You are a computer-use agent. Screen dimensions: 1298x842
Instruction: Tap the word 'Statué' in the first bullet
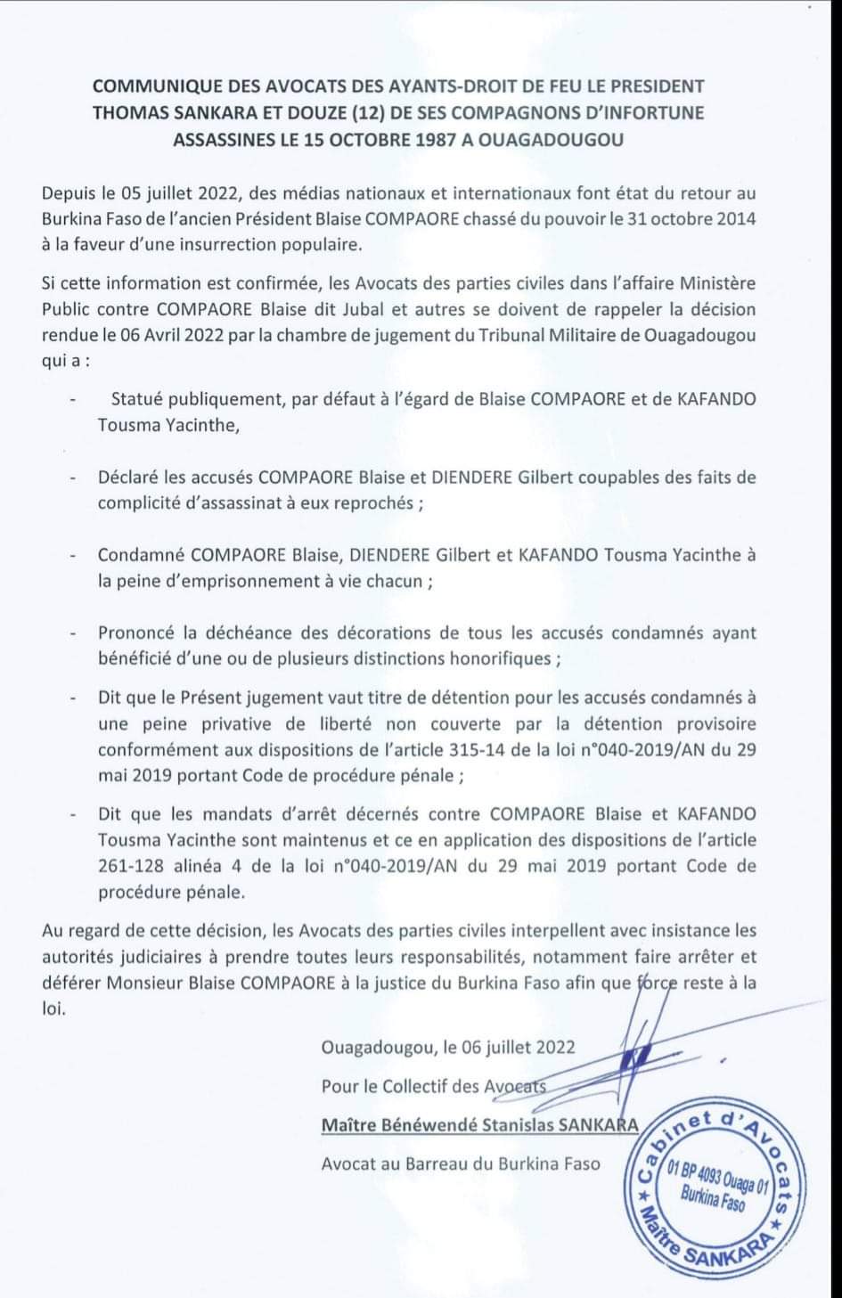(138, 398)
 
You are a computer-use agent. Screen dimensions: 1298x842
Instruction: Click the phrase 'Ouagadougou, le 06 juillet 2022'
(448, 1047)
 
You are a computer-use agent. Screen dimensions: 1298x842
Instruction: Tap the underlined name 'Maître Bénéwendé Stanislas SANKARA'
(479, 1124)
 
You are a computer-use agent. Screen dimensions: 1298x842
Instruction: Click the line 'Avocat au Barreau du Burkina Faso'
(461, 1163)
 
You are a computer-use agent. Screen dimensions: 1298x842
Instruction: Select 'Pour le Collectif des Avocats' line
(433, 1086)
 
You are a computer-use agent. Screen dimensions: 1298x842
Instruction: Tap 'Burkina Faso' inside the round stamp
(712, 1198)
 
